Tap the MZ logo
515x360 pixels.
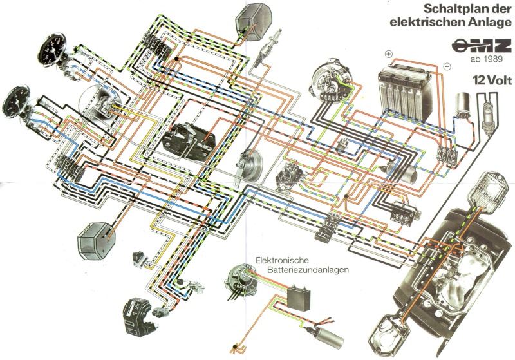click(481, 46)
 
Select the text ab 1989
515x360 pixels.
click(487, 59)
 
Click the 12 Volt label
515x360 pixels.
click(492, 80)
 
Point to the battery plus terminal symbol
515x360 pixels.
click(389, 54)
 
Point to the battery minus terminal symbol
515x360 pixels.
click(447, 67)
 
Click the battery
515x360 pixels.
click(405, 92)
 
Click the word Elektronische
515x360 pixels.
click(281, 261)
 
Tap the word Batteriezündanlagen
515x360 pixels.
click(308, 270)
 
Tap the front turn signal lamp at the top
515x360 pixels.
click(253, 22)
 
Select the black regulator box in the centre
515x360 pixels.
click(188, 142)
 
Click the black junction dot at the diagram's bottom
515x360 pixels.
click(234, 347)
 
